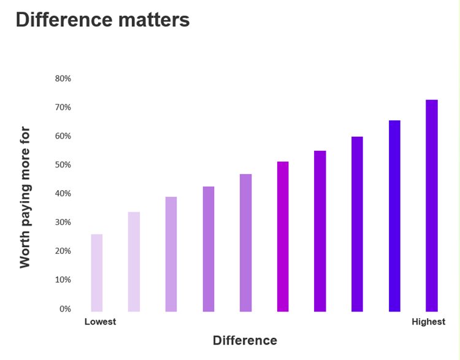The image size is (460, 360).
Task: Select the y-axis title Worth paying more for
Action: tap(25, 197)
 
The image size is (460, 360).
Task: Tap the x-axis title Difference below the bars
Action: tap(245, 340)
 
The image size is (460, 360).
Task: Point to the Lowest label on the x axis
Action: tap(100, 321)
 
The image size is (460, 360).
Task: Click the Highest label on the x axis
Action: tap(428, 321)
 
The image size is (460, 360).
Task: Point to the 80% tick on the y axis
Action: tap(63, 79)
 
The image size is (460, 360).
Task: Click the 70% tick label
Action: tap(63, 107)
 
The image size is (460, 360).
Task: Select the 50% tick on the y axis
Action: tap(63, 165)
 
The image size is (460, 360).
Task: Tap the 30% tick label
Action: tap(63, 222)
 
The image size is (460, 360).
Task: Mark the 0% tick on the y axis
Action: tap(65, 308)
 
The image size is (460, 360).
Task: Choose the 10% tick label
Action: tap(63, 280)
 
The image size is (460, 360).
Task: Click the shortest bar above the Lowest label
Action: tap(97, 273)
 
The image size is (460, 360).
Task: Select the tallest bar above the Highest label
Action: tap(432, 205)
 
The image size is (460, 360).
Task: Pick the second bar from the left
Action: tap(134, 262)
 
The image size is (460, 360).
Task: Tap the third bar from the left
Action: tap(171, 254)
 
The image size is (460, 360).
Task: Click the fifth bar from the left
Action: tap(245, 243)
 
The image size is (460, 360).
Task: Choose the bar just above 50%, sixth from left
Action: tap(283, 237)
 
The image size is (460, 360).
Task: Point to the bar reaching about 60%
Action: tap(357, 224)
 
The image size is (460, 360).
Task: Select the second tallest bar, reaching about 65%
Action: tap(394, 216)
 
